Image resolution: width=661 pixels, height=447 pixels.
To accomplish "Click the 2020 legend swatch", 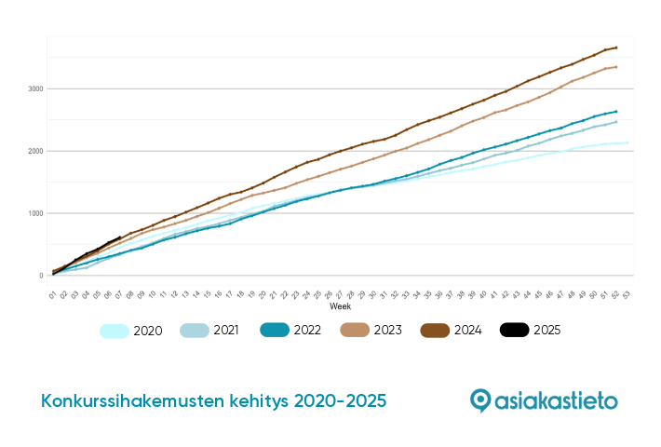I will (x=114, y=330).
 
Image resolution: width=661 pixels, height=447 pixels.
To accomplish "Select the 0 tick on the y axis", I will (x=38, y=276).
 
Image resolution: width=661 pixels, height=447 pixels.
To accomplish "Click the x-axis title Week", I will (x=340, y=306).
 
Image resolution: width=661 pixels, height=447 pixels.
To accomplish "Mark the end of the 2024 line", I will (x=616, y=47).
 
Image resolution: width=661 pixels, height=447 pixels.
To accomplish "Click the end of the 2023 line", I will (x=616, y=66).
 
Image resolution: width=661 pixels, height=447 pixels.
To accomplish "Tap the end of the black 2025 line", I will (x=119, y=237).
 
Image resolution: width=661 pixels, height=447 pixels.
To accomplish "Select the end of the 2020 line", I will (x=627, y=142).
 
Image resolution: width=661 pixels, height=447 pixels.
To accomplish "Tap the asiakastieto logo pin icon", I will (x=480, y=400).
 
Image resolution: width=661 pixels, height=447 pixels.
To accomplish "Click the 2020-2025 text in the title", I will (x=340, y=401).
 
